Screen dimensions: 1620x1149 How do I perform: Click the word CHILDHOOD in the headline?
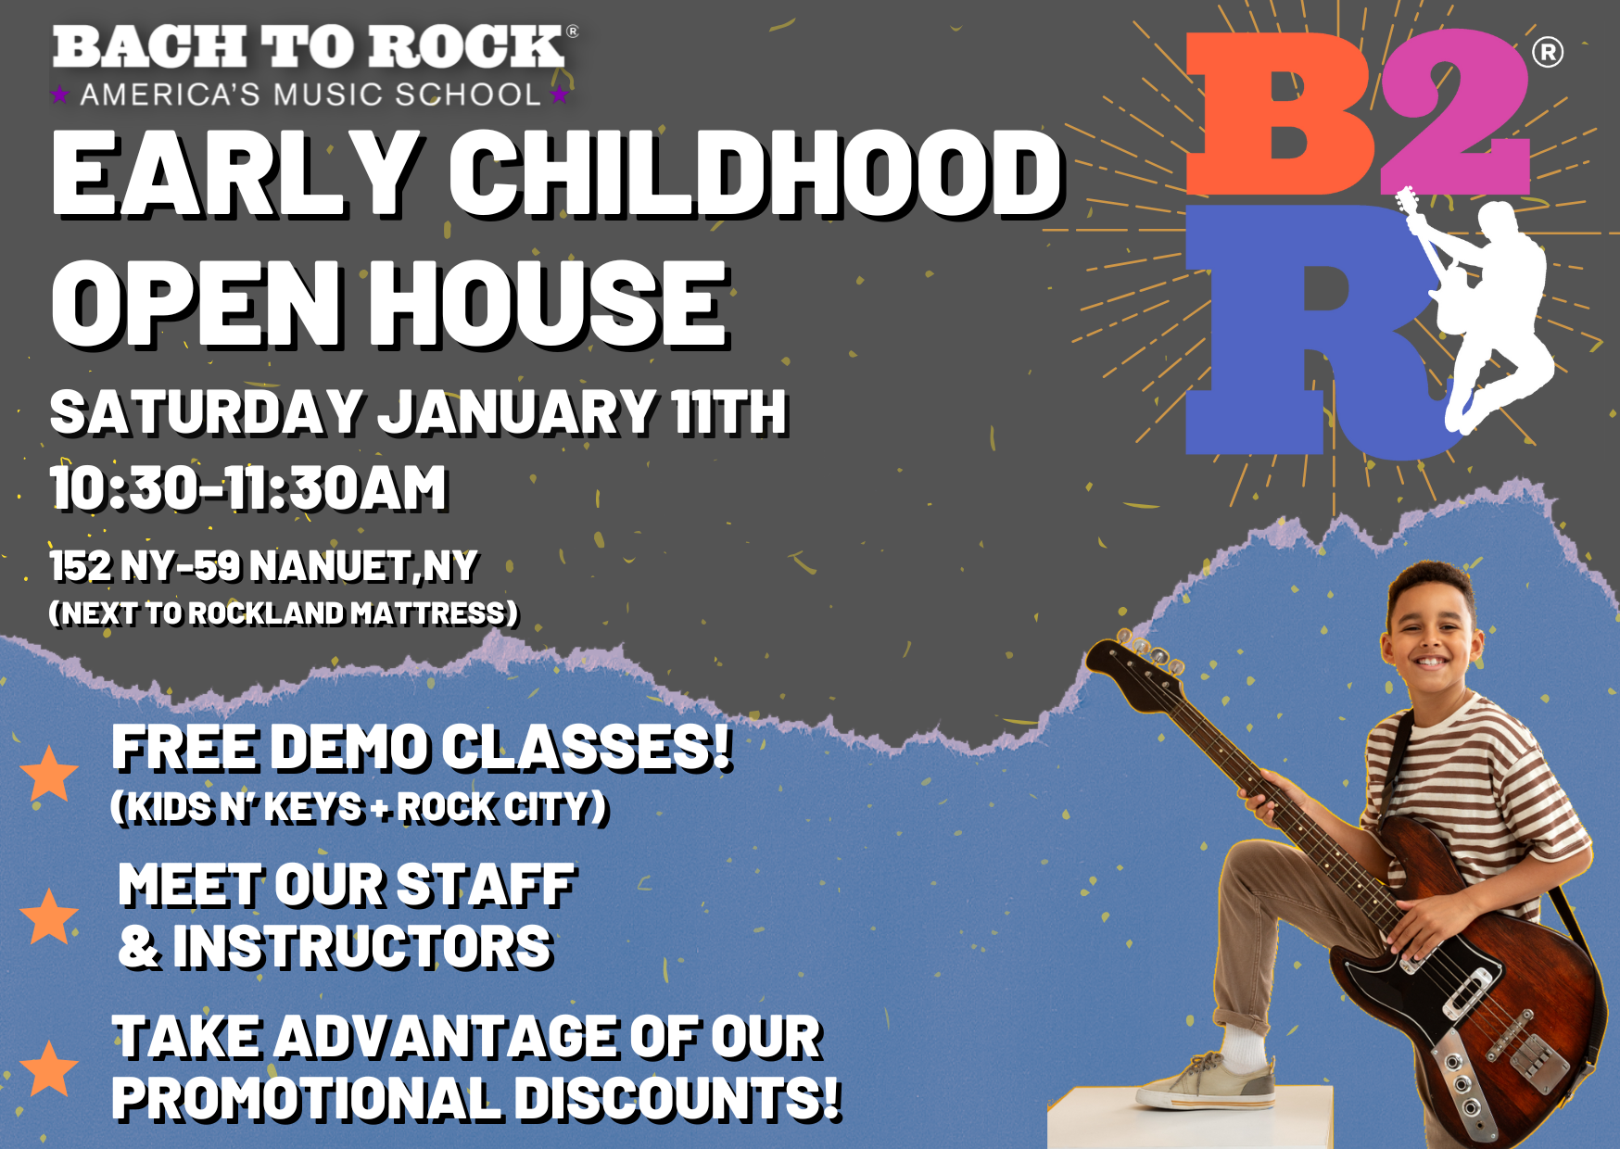coord(755,173)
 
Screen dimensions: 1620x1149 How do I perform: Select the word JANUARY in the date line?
coord(517,412)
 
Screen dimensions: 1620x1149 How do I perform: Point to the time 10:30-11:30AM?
coord(248,488)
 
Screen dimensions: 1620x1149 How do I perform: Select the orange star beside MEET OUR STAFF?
coord(49,916)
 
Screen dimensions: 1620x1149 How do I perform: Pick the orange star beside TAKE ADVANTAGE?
coord(49,1067)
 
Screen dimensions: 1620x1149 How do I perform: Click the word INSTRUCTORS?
coord(362,947)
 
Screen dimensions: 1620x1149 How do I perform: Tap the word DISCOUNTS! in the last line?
coord(677,1099)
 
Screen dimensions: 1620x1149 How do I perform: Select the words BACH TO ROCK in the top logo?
coord(309,47)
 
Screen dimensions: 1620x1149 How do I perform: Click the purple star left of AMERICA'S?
coord(60,95)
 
